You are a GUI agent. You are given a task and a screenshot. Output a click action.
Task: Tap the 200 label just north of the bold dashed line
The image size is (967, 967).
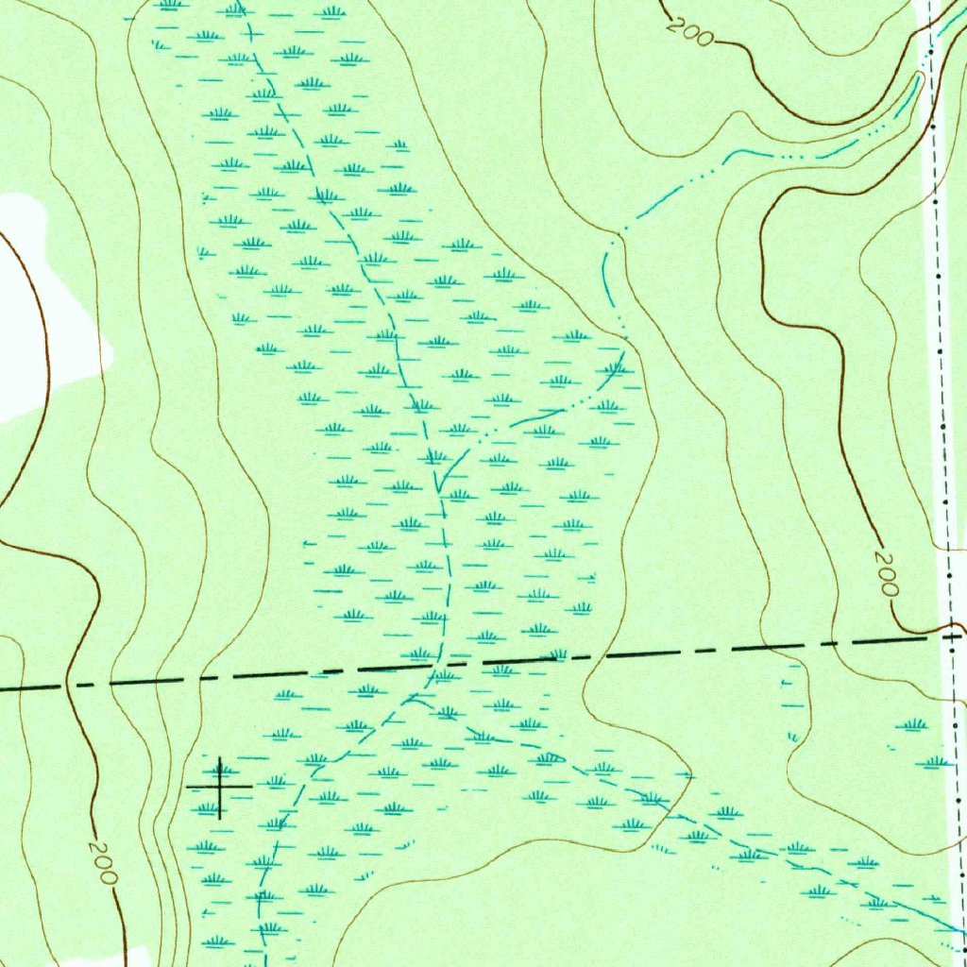886,573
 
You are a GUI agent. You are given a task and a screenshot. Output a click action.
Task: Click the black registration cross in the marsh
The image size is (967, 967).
219,786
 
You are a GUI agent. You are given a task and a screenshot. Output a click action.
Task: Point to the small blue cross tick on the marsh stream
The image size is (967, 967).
251,32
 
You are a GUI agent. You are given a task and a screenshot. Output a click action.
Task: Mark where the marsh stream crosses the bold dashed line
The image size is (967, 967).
437,666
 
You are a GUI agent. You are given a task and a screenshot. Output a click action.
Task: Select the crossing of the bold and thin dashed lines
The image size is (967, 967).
952,636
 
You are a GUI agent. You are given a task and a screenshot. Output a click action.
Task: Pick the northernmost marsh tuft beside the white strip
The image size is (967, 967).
912,725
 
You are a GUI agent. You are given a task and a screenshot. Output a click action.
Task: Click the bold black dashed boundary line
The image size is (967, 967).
661,652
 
